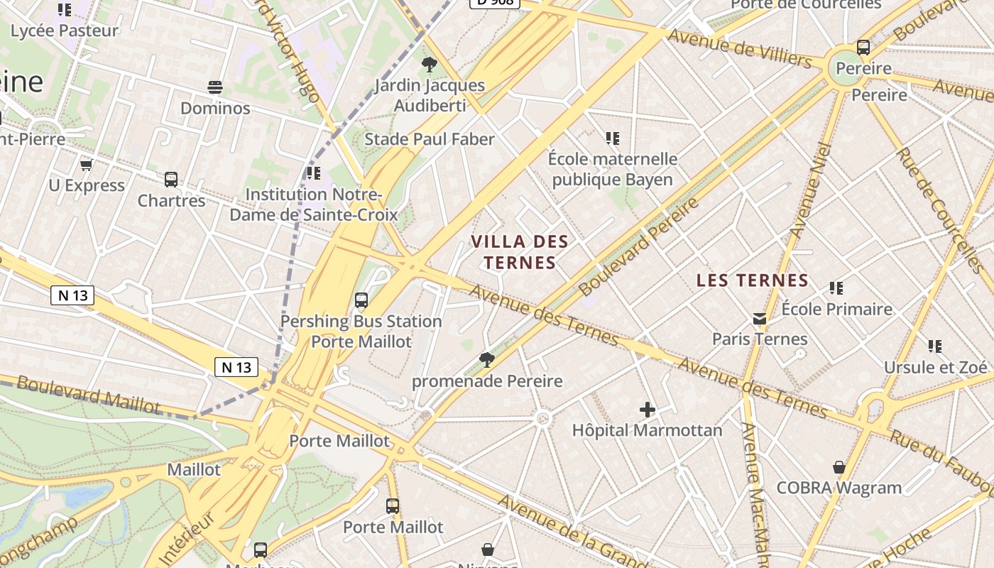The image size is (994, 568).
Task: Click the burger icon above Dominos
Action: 215,87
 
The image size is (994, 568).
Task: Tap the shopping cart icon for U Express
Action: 87,165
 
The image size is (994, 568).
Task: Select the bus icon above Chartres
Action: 171,180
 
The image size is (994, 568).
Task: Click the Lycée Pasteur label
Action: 65,31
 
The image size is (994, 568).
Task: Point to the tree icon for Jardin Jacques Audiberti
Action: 429,65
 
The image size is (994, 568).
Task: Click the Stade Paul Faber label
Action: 429,139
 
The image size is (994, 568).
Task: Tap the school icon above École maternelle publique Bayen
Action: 612,138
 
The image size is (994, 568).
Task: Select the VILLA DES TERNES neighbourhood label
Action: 520,252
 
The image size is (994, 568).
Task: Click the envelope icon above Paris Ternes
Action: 760,319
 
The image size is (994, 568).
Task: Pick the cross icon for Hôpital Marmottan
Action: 647,410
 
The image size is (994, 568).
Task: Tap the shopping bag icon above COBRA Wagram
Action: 839,467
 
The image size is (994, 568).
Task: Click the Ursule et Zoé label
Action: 935,367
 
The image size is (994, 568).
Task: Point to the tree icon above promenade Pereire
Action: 486,360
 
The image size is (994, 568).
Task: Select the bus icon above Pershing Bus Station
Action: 361,300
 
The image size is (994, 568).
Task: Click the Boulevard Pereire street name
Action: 639,247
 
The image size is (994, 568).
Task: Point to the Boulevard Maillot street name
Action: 89,395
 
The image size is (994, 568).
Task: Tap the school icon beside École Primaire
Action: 836,288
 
